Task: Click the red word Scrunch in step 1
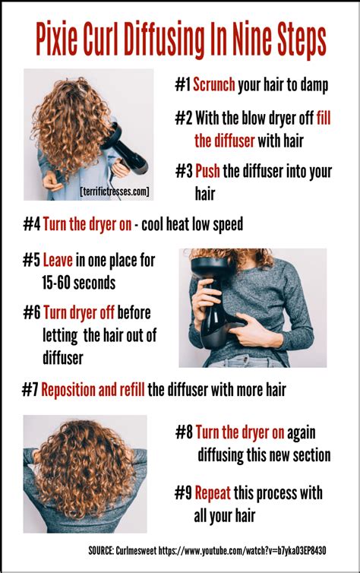point(214,86)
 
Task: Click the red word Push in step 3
point(207,172)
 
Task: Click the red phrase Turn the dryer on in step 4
point(86,224)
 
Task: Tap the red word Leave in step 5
point(58,261)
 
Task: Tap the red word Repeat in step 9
point(213,494)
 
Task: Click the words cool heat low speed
point(196,224)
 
